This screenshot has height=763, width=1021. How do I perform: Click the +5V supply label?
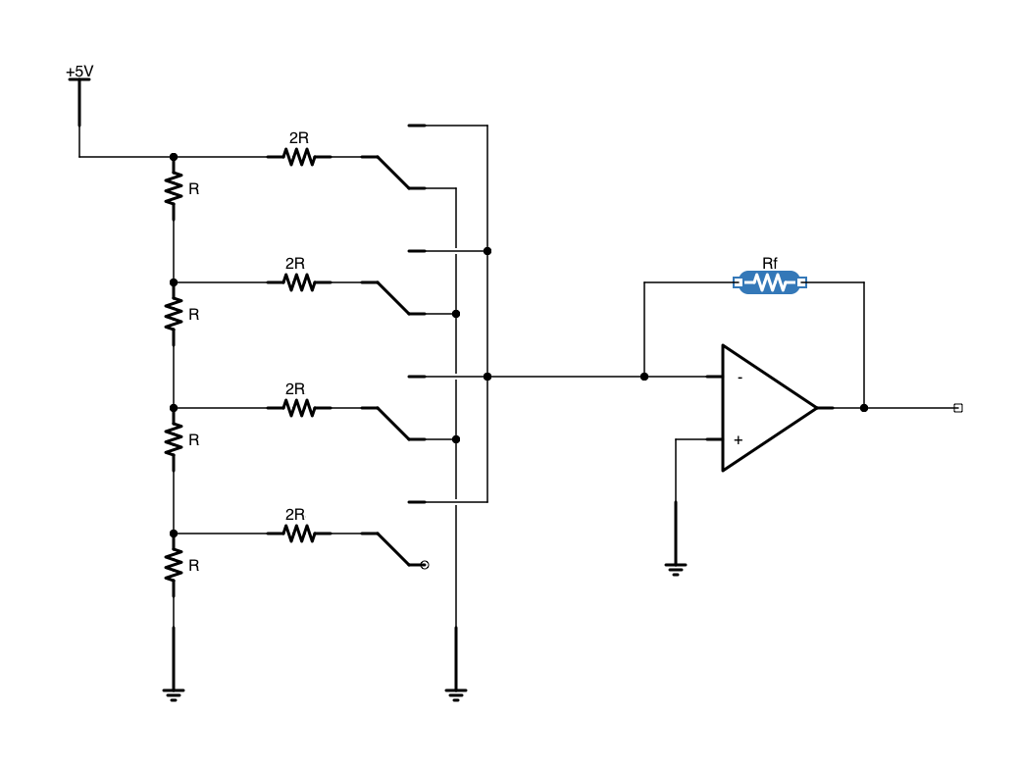coord(79,72)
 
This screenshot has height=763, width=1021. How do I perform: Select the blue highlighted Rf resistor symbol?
coord(770,283)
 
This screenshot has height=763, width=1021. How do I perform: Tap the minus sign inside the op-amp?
coord(740,378)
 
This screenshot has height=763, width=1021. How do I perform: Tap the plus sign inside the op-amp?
coord(739,439)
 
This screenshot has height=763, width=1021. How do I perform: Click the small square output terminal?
coord(957,408)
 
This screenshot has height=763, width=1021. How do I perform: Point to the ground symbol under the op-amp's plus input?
coord(675,568)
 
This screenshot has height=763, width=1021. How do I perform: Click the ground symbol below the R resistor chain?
coord(174,694)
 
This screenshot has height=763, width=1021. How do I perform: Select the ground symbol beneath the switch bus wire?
coord(455,694)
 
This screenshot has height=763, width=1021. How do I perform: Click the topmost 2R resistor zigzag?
coord(298,157)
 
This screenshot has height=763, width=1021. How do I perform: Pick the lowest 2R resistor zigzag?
coord(298,534)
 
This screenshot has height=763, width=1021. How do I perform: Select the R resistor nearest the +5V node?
coord(174,188)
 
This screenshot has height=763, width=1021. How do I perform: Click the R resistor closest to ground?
coord(174,565)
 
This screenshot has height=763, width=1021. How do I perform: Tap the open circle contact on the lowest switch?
coord(424,565)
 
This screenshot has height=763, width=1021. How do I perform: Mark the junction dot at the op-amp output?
coord(863,408)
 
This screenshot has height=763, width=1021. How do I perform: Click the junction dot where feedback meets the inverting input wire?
coord(643,377)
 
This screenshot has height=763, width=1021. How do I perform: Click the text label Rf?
coord(770,264)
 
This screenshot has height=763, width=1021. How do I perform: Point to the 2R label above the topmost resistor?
coord(298,138)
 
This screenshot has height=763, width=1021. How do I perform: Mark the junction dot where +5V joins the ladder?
coord(174,157)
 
